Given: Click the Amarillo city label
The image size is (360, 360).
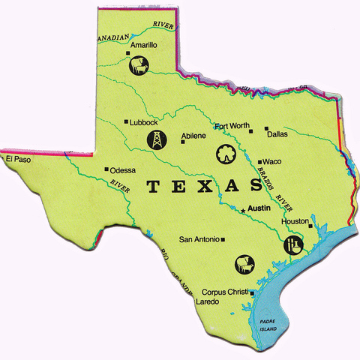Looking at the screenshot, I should coord(143,45).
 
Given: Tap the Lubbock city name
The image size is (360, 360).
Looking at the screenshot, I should coord(143,121).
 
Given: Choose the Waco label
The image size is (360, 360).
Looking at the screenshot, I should coord(271,160).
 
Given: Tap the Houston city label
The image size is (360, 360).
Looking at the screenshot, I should coord(294,221).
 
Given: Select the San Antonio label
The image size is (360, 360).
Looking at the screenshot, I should coord(199,239).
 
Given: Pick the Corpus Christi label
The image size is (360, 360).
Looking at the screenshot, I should coord(225,291).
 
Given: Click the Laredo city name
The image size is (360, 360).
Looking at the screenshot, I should coord(206,301).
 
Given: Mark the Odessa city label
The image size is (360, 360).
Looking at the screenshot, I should coord(122,169).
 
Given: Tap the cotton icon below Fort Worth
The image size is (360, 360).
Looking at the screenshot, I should coord(224,153).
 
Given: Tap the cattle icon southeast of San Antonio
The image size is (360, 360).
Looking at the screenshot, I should coord(244,264).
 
